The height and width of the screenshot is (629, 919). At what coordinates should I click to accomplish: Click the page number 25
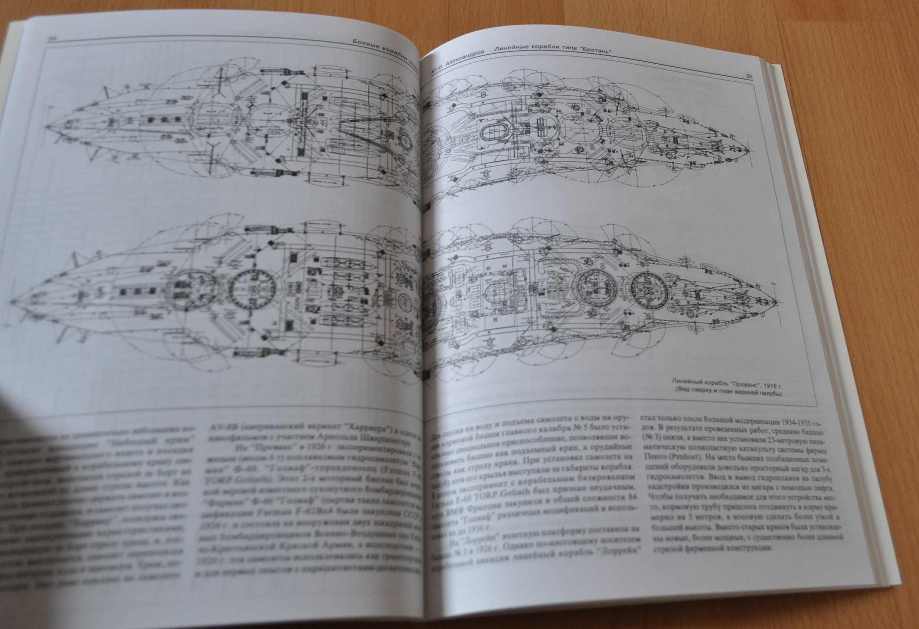click(748, 76)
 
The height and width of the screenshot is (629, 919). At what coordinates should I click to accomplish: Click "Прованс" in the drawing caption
click(743, 384)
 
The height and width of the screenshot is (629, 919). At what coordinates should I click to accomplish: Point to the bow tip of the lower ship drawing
click(774, 303)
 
